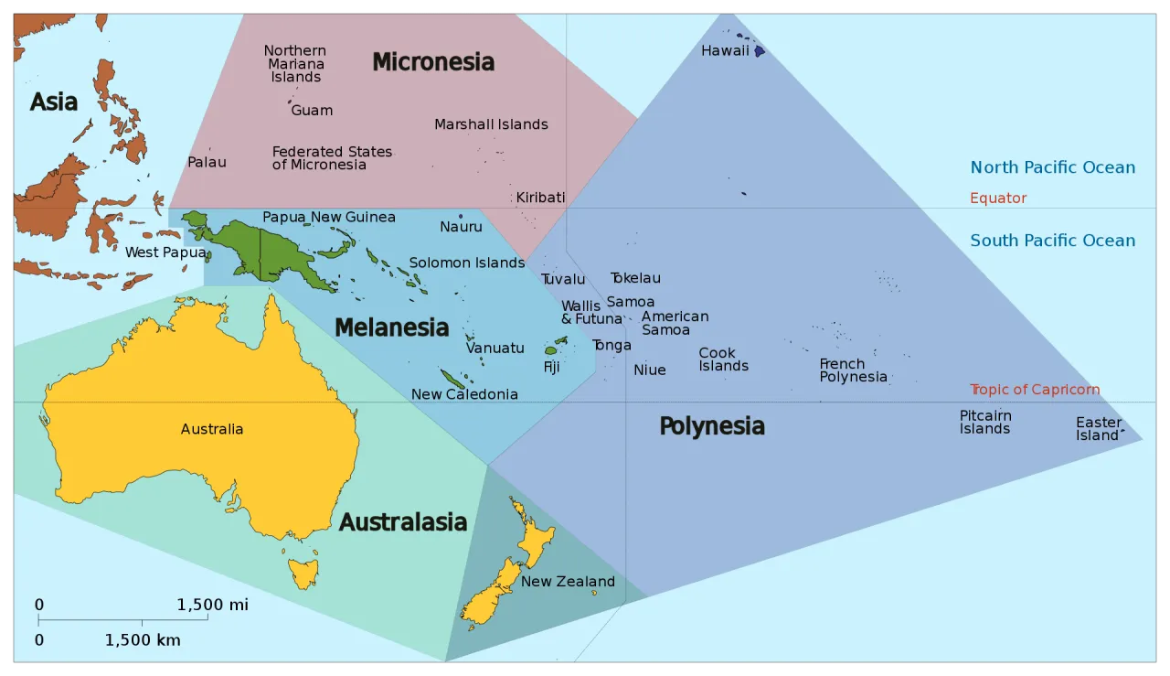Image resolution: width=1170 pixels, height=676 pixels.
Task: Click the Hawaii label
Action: [725, 51]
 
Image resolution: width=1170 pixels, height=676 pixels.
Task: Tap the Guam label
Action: [312, 111]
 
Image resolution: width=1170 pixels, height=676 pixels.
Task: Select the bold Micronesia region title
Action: [433, 62]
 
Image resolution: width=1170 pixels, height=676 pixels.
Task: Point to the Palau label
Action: [207, 162]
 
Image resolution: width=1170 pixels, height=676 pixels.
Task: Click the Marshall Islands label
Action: [491, 124]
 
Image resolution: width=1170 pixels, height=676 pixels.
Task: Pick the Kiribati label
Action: [540, 198]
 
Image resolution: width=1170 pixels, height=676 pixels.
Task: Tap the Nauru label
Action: [461, 227]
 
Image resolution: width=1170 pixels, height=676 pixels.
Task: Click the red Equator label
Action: [998, 199]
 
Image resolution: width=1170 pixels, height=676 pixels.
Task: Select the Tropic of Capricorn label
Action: [1035, 390]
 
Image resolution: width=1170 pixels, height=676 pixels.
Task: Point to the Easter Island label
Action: [1098, 429]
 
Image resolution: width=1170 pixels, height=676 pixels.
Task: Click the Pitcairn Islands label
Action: [985, 423]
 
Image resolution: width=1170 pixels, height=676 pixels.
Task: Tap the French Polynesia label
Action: [853, 370]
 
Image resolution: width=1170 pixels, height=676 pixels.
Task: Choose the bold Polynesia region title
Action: [712, 426]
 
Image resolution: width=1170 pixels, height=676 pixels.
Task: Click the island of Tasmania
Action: [303, 574]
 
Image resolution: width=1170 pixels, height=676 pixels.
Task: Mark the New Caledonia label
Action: [464, 395]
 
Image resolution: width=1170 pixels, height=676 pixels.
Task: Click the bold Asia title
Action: [54, 102]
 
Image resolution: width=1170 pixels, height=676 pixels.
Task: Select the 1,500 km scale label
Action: [143, 640]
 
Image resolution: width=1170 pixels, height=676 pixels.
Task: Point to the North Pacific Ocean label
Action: [1053, 167]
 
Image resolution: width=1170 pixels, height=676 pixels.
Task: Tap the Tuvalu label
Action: [563, 280]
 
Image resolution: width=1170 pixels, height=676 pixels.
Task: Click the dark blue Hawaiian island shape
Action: [759, 51]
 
